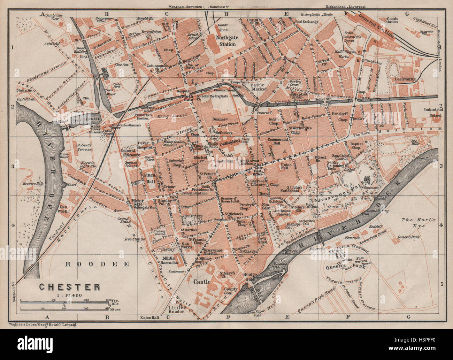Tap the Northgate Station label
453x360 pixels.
[225, 41]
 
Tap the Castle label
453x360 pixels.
[202, 282]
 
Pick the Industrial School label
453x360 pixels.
[433, 112]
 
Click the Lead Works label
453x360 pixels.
[424, 79]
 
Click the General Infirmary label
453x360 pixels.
[128, 153]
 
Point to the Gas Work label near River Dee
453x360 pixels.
[63, 208]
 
